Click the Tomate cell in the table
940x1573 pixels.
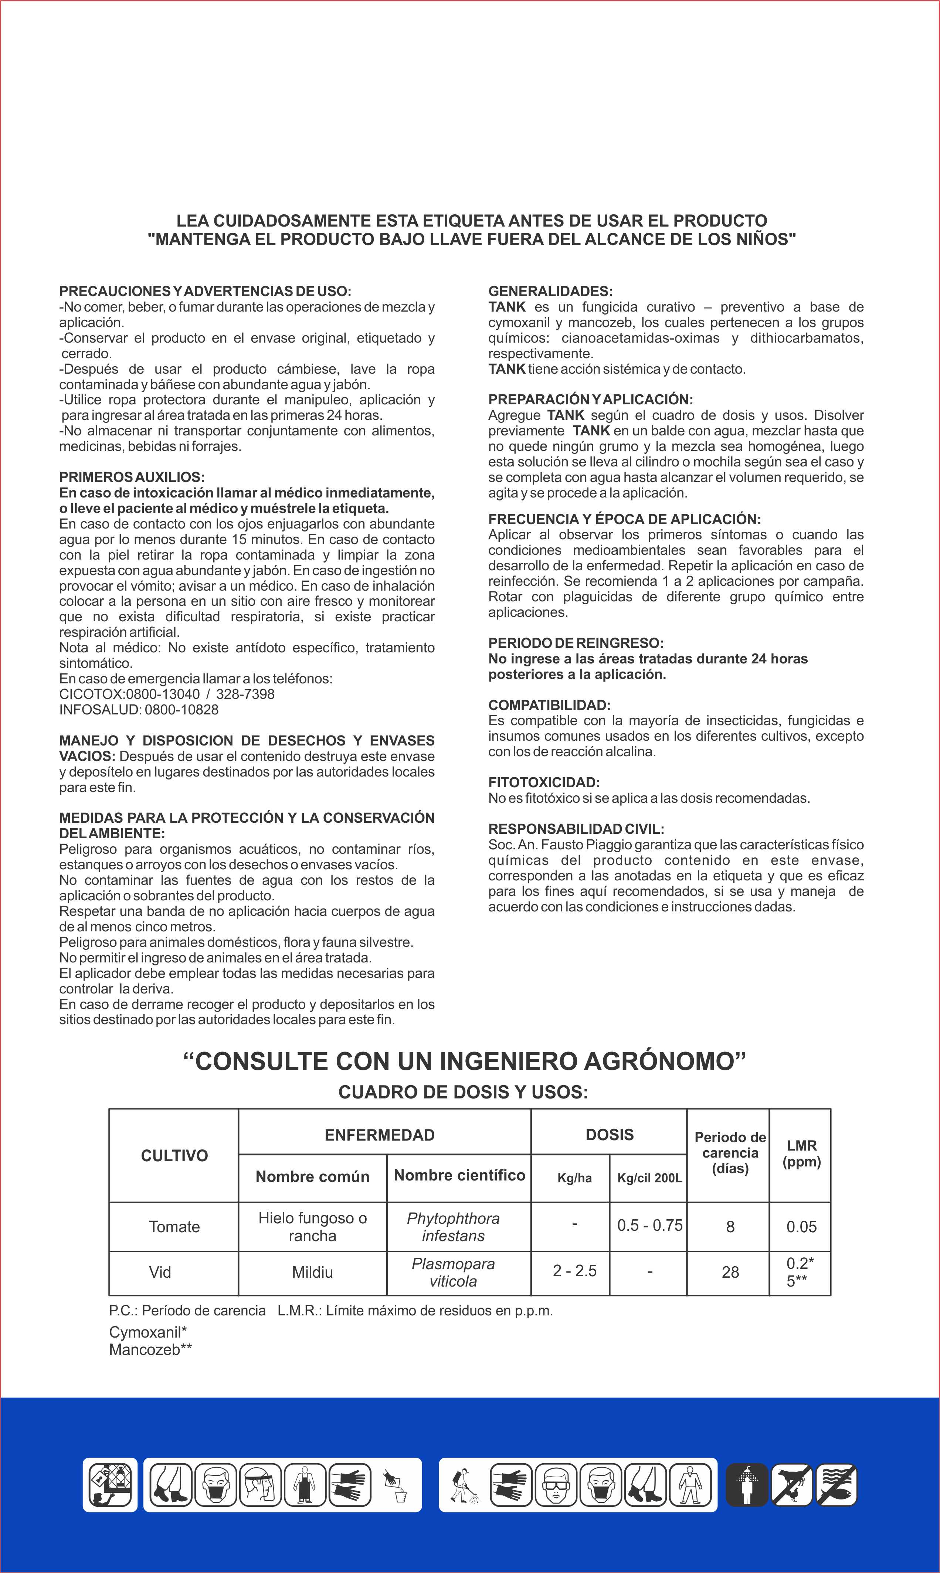[174, 1227]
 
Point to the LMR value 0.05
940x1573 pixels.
[801, 1227]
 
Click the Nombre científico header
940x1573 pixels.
[459, 1175]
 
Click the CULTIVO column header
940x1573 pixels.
[174, 1156]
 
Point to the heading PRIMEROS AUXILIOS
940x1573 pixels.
[132, 477]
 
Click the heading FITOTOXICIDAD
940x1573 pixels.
[543, 783]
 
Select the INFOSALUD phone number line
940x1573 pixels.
[139, 710]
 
